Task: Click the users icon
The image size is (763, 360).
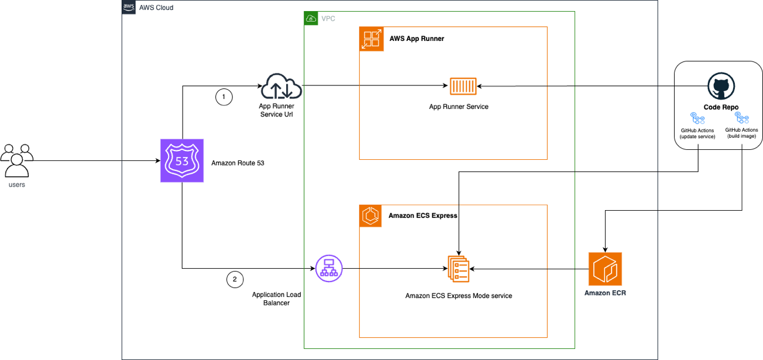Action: click(17, 160)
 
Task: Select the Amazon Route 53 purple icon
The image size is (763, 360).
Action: click(181, 160)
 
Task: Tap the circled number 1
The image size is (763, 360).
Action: click(223, 97)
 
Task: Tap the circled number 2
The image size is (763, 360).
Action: click(235, 279)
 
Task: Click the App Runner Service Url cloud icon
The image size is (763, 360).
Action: click(281, 87)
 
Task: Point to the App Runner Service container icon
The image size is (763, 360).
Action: click(463, 86)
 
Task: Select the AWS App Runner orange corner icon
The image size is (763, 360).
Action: click(371, 39)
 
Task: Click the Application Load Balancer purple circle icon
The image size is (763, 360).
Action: click(328, 269)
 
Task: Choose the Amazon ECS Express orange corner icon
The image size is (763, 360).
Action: click(371, 217)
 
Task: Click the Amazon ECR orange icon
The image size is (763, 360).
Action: click(605, 269)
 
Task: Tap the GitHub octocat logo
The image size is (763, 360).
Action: click(720, 87)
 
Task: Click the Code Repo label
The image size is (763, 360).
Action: click(720, 108)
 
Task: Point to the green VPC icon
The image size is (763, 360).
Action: click(311, 19)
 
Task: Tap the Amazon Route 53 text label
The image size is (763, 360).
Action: click(238, 163)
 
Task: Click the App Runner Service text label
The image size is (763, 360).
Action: click(458, 107)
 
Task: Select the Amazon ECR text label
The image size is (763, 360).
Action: click(605, 293)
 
